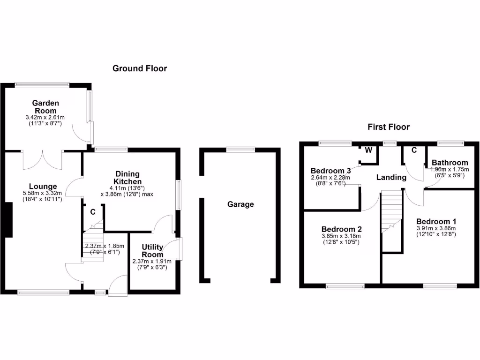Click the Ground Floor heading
[140, 68]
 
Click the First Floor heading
[389, 127]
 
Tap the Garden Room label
[45, 106]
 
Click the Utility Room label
[152, 251]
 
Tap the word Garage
[240, 204]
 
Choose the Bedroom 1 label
[436, 221]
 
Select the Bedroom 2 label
[341, 229]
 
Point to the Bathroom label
[450, 163]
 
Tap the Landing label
[391, 177]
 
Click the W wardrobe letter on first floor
[368, 150]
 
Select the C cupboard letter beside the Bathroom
[414, 150]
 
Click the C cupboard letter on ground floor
[93, 211]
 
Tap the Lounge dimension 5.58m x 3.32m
[42, 193]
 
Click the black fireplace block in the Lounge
[8, 219]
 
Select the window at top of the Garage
[240, 150]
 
